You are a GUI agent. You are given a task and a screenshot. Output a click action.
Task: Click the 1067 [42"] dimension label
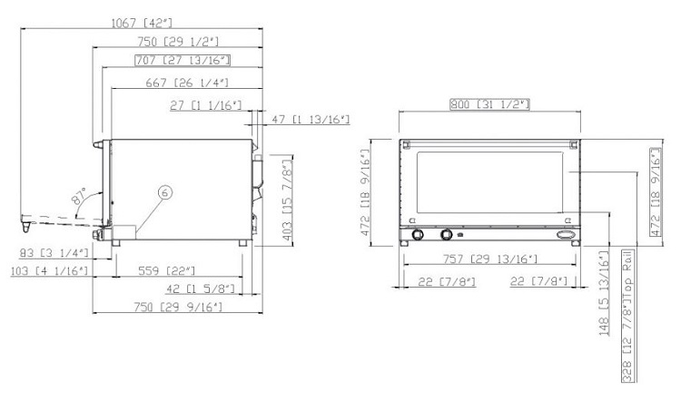pyautogui.click(x=142, y=23)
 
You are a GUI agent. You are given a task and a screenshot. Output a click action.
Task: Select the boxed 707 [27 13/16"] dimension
pyautogui.click(x=183, y=60)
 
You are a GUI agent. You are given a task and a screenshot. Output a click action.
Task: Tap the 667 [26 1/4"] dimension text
pyautogui.click(x=187, y=83)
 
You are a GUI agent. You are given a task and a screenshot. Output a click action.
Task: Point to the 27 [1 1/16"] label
pyautogui.click(x=205, y=105)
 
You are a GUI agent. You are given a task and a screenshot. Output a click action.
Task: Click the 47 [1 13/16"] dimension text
pyautogui.click(x=311, y=120)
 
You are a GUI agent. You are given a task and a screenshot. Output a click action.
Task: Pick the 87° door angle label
pyautogui.click(x=79, y=196)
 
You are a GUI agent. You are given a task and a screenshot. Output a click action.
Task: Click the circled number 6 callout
pyautogui.click(x=165, y=191)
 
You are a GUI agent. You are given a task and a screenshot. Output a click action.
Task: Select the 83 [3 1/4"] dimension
pyautogui.click(x=54, y=252)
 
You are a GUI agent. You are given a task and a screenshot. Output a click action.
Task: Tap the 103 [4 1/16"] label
pyautogui.click(x=49, y=271)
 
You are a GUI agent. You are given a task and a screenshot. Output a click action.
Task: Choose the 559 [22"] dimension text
pyautogui.click(x=167, y=270)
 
